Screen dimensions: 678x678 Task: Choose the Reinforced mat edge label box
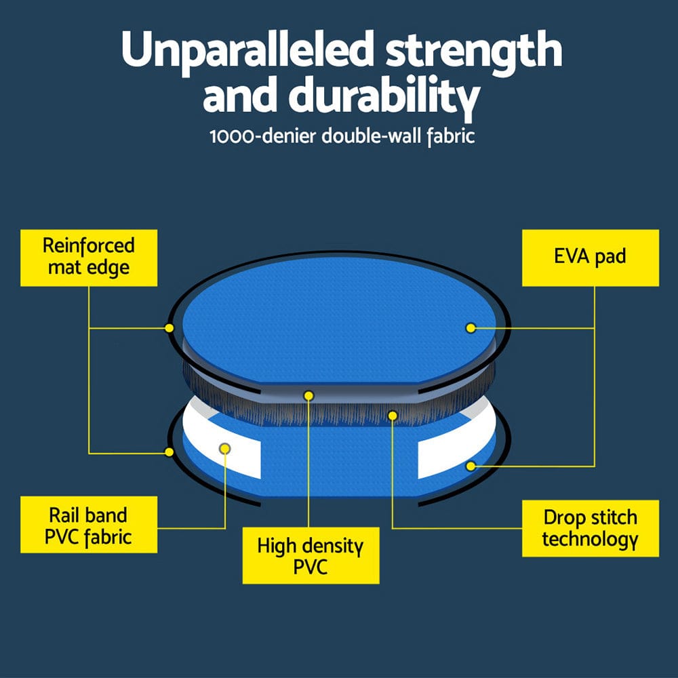point(89,257)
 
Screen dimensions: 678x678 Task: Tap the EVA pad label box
point(590,257)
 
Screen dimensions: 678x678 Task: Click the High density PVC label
point(311,556)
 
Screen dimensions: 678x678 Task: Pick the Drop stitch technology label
point(590,528)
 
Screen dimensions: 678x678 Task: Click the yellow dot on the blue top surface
point(469,328)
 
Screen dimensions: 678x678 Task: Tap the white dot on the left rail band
point(225,448)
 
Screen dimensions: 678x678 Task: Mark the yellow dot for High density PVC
point(308,395)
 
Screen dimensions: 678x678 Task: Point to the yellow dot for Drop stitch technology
point(392,413)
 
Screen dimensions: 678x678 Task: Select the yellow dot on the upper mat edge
point(169,328)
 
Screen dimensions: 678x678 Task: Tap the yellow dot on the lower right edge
point(471,466)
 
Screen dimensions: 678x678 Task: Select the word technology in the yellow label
point(590,540)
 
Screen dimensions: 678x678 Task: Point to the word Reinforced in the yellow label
point(89,245)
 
